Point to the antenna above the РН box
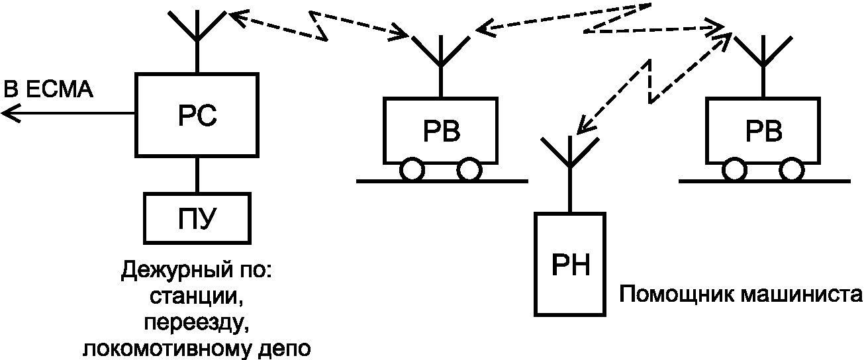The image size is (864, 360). tap(570, 173)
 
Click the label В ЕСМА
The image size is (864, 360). tap(48, 89)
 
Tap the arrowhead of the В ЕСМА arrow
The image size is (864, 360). tap(10, 113)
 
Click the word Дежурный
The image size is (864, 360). tap(176, 271)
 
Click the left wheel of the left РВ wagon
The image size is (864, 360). tap(412, 169)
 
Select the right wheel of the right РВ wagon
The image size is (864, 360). tap(792, 169)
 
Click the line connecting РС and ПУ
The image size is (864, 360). tap(197, 175)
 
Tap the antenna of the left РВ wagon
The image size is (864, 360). tap(441, 66)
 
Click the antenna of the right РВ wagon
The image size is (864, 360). tap(763, 66)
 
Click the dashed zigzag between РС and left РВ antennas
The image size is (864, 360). tap(318, 25)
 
